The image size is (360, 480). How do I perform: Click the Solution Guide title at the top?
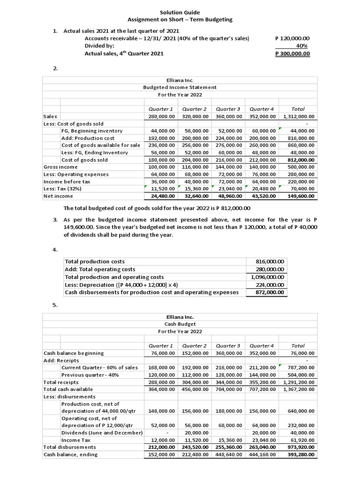180,12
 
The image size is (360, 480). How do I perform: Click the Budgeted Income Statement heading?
180,87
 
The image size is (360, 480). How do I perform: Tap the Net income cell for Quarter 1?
161,196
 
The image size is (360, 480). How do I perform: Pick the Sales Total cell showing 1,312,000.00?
299,116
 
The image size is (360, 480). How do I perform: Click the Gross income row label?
60,167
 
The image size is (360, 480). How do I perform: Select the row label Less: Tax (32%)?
62,188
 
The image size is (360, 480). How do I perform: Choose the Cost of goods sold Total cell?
299,160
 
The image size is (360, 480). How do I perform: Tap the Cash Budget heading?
180,324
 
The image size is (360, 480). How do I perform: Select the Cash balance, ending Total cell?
299,454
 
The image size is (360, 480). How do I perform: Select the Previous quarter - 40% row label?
90,375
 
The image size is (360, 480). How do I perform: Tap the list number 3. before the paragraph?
55,220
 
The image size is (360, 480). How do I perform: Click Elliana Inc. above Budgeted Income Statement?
180,80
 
